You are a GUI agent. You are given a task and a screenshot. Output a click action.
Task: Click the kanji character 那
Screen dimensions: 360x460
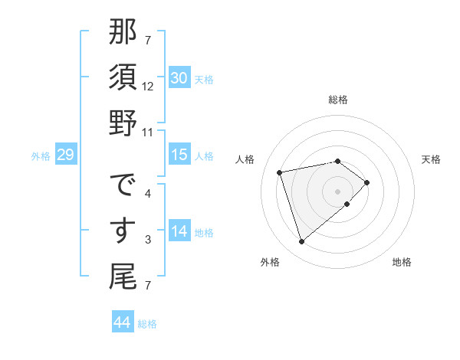pos(123,34)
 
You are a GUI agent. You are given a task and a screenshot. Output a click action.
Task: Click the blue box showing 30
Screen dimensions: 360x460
pos(179,78)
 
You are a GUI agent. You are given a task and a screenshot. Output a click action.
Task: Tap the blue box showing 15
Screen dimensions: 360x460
pos(179,155)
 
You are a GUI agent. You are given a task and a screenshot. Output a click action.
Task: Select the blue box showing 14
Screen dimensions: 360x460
pos(179,231)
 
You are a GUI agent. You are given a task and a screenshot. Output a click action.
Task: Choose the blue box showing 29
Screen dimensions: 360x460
pos(65,155)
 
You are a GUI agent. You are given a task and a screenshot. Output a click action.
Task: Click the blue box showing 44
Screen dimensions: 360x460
pos(122,322)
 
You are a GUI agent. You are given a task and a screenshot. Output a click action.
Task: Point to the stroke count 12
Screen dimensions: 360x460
pos(148,86)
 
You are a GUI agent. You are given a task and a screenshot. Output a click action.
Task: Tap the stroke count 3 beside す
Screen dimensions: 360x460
pos(148,241)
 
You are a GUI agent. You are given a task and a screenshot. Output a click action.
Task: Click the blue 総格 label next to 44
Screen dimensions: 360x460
pos(147,324)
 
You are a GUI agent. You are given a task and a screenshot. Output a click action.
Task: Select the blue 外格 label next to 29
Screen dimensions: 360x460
pos(41,156)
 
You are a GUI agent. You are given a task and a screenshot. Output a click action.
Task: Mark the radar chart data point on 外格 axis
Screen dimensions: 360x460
pos(301,242)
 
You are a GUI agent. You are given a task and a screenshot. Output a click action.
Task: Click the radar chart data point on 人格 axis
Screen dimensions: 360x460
pos(280,172)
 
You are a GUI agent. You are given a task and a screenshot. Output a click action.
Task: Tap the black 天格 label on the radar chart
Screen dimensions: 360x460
pos(432,159)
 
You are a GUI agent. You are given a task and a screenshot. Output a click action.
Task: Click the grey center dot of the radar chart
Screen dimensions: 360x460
pos(337,190)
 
